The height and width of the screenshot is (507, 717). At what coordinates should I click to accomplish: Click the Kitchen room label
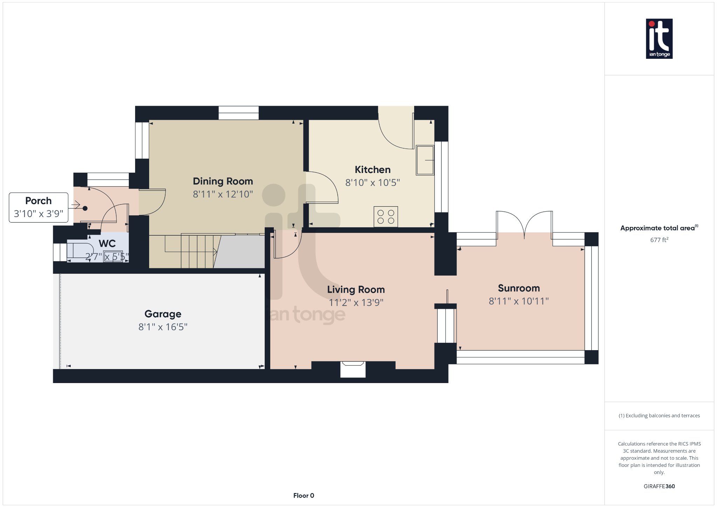373,170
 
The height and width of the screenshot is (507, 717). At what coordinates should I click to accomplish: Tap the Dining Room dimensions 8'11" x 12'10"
223,194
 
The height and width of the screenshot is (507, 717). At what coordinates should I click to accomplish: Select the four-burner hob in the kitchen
386,216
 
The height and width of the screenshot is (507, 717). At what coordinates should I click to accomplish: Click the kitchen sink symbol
425,160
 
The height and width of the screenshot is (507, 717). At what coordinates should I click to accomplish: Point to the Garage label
163,314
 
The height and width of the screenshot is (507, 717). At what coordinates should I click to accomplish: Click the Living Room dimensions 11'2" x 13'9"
356,303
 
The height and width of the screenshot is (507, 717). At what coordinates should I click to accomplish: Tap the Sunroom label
519,289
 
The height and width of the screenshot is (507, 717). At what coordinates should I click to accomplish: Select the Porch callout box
39,207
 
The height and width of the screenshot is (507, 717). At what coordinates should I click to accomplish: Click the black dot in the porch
85,208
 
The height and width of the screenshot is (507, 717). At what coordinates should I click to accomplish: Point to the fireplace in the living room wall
353,369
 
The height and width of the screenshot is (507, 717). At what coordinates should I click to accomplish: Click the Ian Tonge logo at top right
659,39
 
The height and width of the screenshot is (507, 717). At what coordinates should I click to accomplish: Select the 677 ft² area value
659,240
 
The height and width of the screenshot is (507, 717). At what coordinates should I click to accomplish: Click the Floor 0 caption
304,495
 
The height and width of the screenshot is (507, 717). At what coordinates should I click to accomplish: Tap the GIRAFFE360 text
659,486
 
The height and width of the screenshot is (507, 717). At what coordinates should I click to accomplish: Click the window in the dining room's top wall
238,113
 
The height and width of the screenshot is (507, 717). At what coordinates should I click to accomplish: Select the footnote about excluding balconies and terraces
659,416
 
